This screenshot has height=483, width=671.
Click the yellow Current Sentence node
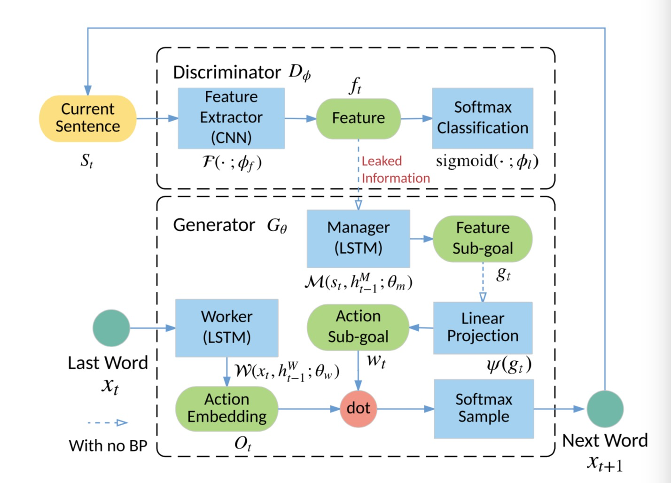[88, 118]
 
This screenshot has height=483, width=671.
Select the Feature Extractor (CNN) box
[231, 118]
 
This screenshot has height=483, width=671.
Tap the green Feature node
[358, 118]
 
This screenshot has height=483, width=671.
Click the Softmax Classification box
[483, 118]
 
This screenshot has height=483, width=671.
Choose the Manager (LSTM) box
[358, 238]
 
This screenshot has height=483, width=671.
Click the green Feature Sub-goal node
[483, 238]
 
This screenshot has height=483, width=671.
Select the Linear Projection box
[483, 327]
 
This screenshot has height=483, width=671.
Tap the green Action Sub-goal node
[358, 327]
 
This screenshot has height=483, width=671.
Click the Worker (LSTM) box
[226, 327]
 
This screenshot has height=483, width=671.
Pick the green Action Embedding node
[226, 408]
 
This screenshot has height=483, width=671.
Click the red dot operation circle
[358, 408]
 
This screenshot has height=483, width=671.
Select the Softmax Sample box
[484, 408]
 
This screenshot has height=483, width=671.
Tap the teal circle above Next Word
[605, 409]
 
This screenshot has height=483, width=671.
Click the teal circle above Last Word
[111, 327]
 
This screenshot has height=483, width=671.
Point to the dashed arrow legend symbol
[108, 423]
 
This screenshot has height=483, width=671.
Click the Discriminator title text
[227, 72]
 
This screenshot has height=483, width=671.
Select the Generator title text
[214, 225]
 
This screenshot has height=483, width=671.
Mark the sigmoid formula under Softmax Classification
[487, 161]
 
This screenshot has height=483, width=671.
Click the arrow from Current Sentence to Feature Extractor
[157, 118]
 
